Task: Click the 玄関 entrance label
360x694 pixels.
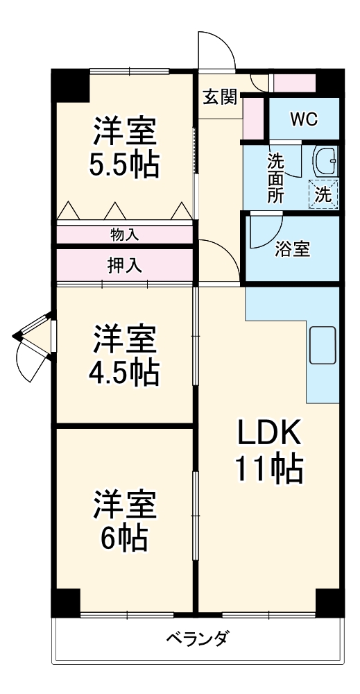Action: pyautogui.click(x=218, y=96)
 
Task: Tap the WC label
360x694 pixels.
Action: pyautogui.click(x=303, y=119)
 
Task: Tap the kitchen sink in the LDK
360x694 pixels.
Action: pyautogui.click(x=323, y=345)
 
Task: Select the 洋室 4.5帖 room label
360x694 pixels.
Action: pyautogui.click(x=125, y=355)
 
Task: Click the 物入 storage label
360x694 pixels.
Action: pyautogui.click(x=125, y=235)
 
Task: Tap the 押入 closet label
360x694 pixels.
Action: pyautogui.click(x=125, y=264)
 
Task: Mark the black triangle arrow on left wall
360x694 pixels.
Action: pyautogui.click(x=18, y=337)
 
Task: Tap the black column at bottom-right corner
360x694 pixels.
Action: pyautogui.click(x=329, y=601)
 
